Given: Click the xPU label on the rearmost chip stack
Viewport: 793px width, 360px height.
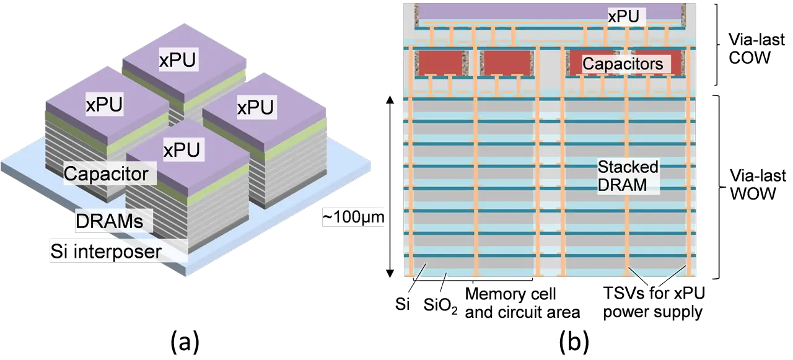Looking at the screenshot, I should tap(177, 61).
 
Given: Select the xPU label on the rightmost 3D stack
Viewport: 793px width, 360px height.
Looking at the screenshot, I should tap(255, 108).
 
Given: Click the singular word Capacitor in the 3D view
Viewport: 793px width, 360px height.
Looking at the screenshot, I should tap(107, 173).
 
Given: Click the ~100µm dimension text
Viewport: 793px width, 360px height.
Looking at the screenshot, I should tap(354, 218).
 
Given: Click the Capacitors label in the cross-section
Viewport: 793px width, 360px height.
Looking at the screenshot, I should tap(623, 64).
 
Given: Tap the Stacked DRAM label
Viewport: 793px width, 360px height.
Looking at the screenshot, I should tap(627, 176).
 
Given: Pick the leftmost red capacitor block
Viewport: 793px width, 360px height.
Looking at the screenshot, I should tap(442, 63).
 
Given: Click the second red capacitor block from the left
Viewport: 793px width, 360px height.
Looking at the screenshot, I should tap(507, 63).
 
